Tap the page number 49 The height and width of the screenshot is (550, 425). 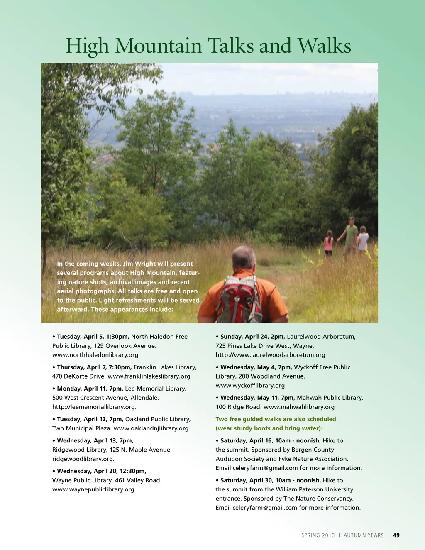pos(396,535)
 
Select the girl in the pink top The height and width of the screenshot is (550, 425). pos(329,243)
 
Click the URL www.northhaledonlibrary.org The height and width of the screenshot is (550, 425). pos(95,355)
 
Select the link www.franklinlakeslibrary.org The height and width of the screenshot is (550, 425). pos(149,376)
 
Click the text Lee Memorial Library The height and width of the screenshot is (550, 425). pos(155,389)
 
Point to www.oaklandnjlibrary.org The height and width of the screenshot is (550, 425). pos(151,428)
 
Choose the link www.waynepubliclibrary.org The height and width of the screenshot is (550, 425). pos(93,489)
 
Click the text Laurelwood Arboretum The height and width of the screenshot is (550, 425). pos(321,337)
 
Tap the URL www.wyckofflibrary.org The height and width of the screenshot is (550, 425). pos(250,386)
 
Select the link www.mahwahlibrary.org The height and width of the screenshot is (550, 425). pos(299,407)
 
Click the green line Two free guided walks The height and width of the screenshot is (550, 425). pos(276,419)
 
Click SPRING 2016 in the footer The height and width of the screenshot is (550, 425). pos(318,535)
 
